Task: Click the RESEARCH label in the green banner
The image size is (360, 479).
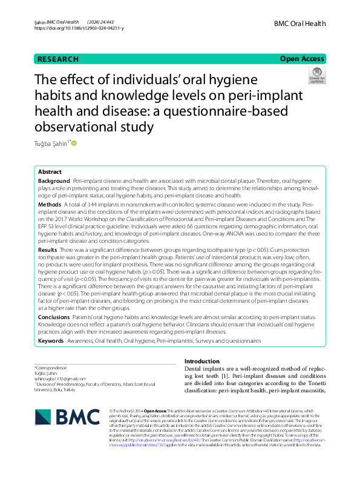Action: pyautogui.click(x=58, y=59)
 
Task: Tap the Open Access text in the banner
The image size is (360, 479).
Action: pyautogui.click(x=301, y=59)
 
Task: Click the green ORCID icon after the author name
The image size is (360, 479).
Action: pyautogui.click(x=75, y=144)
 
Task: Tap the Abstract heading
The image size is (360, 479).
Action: pyautogui.click(x=50, y=172)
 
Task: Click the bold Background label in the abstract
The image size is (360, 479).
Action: pyautogui.click(x=54, y=181)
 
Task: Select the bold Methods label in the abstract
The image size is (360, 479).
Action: pyautogui.click(x=49, y=205)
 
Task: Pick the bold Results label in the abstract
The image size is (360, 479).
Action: pyautogui.click(x=48, y=249)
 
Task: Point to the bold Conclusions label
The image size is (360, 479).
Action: pyautogui.click(x=54, y=317)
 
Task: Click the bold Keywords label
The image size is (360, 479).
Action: pyautogui.click(x=51, y=341)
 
